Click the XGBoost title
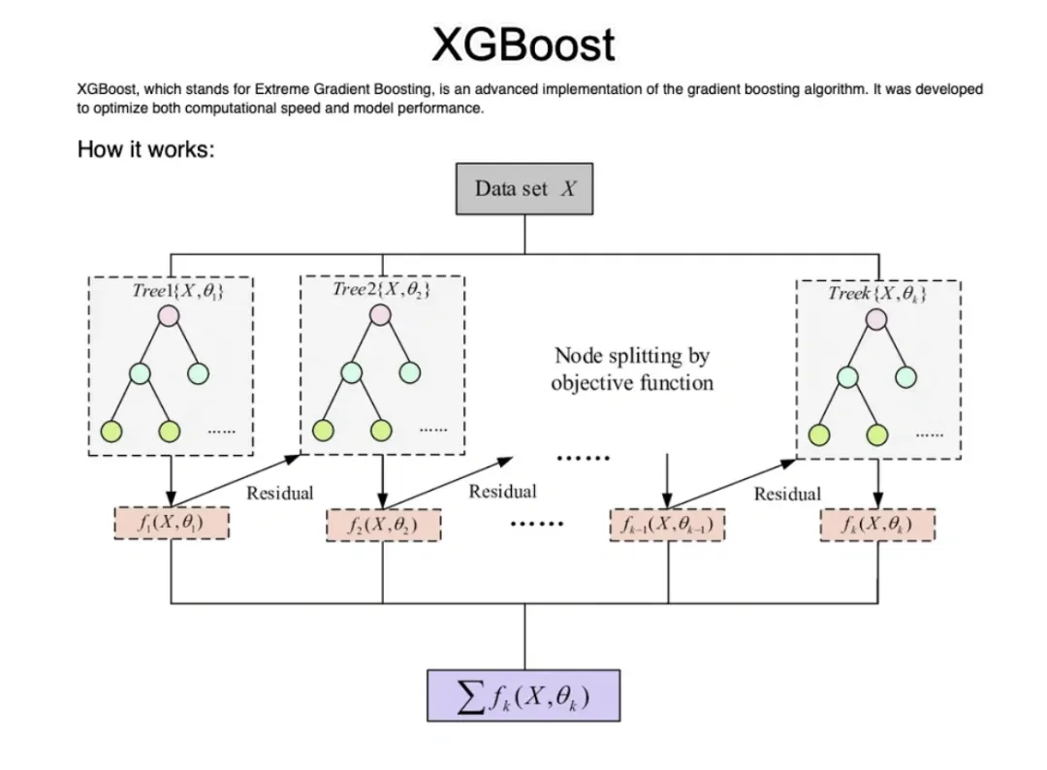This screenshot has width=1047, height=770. pos(523,45)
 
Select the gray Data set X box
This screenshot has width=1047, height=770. pos(524,188)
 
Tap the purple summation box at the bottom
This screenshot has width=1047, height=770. pos(523,695)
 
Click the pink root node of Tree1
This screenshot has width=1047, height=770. pos(170,316)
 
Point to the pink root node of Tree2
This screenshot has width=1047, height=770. pos(381,314)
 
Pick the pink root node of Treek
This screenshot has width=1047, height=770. pos(877,319)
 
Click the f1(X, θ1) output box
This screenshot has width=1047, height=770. pos(172,524)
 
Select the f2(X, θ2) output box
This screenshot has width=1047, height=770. pos(383,527)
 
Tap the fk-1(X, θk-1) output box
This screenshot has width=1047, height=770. pos(667,525)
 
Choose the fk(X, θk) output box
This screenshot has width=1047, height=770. pos(877,525)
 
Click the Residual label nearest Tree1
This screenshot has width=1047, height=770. pos(279,493)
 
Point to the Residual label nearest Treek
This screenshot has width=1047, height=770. pos(787,494)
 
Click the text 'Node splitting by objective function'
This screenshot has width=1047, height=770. pos(632,369)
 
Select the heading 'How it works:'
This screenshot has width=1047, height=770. pos(145,151)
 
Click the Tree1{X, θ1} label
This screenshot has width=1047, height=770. pos(178,289)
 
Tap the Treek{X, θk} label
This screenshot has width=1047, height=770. pos(878,293)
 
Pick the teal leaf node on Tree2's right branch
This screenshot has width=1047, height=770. pos(409,371)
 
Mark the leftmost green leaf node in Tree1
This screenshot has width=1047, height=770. pos(112,431)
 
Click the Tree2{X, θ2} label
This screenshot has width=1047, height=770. pos(381,289)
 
